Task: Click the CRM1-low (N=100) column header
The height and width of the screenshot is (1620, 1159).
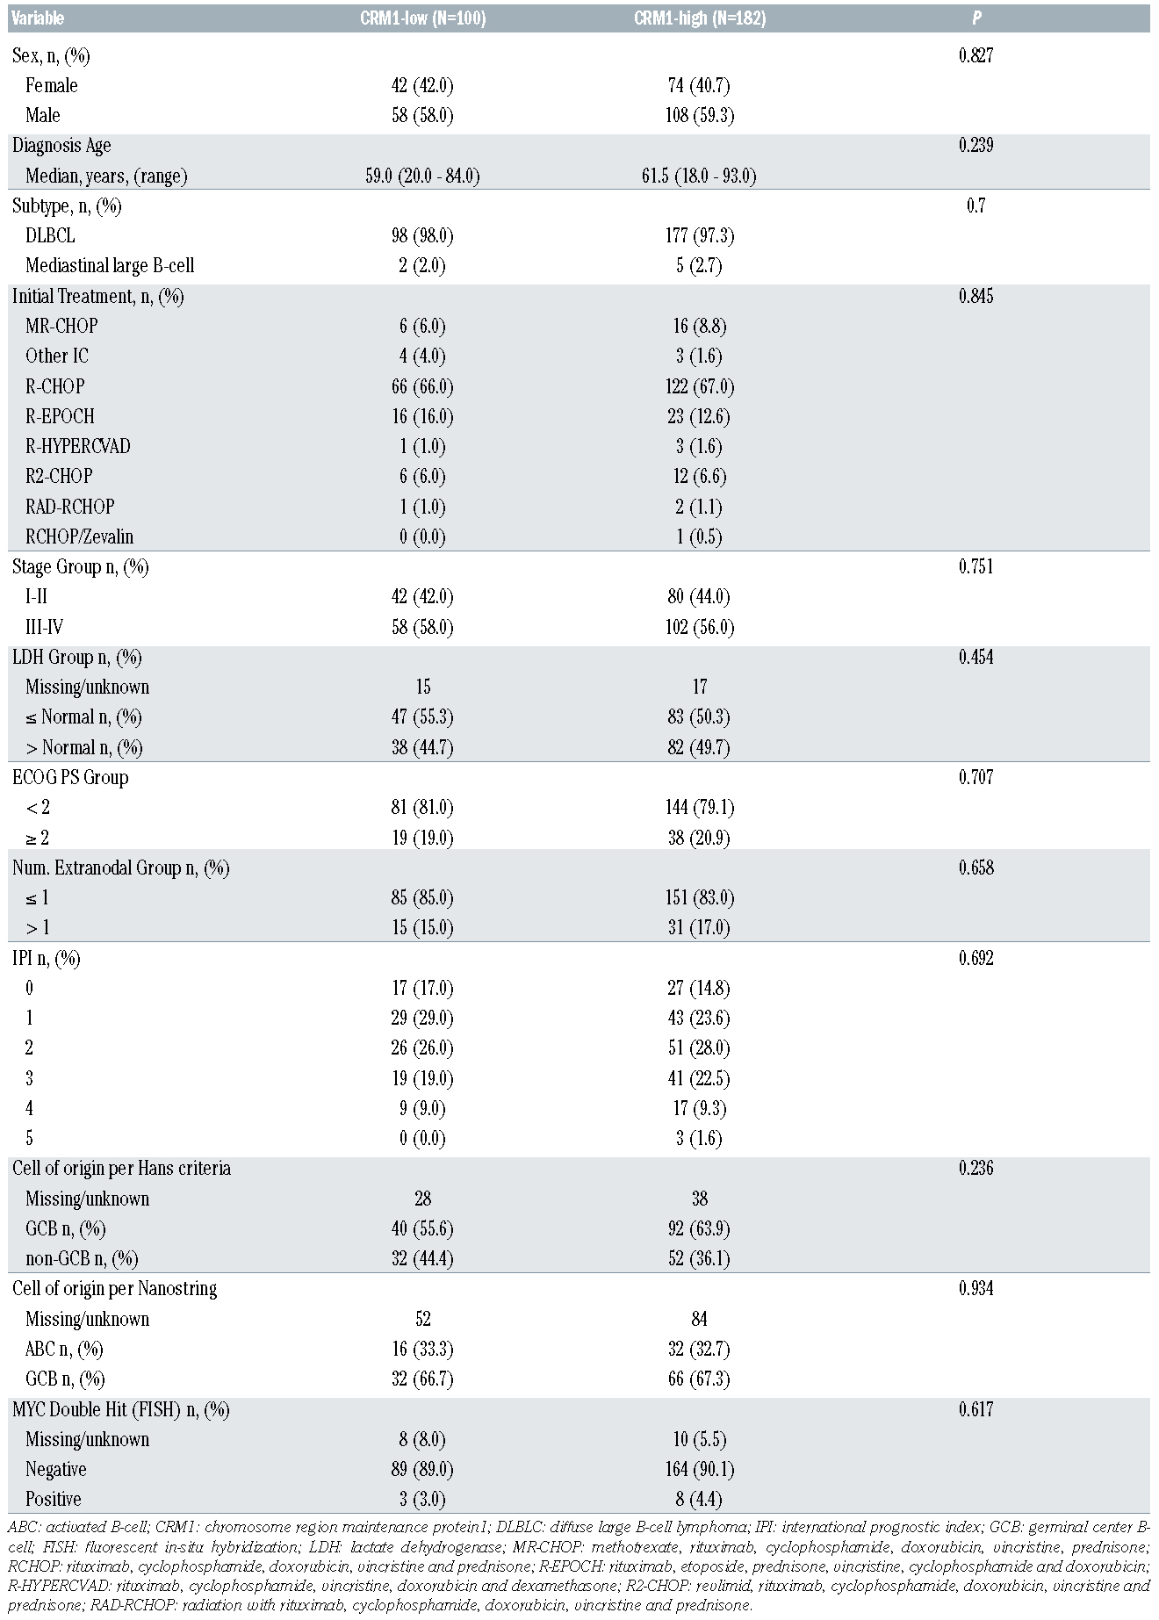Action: (x=422, y=18)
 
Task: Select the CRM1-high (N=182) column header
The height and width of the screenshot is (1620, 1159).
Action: (x=699, y=18)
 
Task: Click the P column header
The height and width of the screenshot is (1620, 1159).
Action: (x=975, y=18)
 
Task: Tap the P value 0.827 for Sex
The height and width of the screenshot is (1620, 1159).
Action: (x=975, y=55)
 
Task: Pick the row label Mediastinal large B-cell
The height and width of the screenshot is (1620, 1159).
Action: (x=110, y=265)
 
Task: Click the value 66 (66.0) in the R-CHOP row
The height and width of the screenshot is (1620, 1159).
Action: (x=422, y=386)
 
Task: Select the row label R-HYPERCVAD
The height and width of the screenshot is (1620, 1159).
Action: (x=77, y=446)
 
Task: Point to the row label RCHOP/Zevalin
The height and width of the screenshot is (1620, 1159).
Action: (x=79, y=536)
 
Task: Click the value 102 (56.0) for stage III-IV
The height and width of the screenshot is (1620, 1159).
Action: (x=699, y=627)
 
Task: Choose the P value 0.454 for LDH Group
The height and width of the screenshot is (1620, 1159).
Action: (x=975, y=657)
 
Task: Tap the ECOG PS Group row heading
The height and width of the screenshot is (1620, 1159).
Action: (x=70, y=777)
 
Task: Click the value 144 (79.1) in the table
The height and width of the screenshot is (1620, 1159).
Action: (x=699, y=807)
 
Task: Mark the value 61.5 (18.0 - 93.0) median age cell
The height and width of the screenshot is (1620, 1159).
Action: (x=699, y=176)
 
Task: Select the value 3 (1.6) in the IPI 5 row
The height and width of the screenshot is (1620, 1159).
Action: (x=699, y=1138)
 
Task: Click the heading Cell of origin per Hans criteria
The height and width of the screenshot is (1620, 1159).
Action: (x=121, y=1168)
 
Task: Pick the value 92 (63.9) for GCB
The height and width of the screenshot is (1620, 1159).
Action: (x=699, y=1228)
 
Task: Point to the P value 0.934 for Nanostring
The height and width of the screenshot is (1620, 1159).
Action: (x=975, y=1288)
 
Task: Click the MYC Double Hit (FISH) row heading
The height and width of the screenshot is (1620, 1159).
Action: (x=120, y=1409)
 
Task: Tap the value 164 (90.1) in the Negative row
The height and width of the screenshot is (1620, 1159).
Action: (x=699, y=1469)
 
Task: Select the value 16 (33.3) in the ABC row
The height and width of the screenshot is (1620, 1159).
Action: (x=422, y=1349)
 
